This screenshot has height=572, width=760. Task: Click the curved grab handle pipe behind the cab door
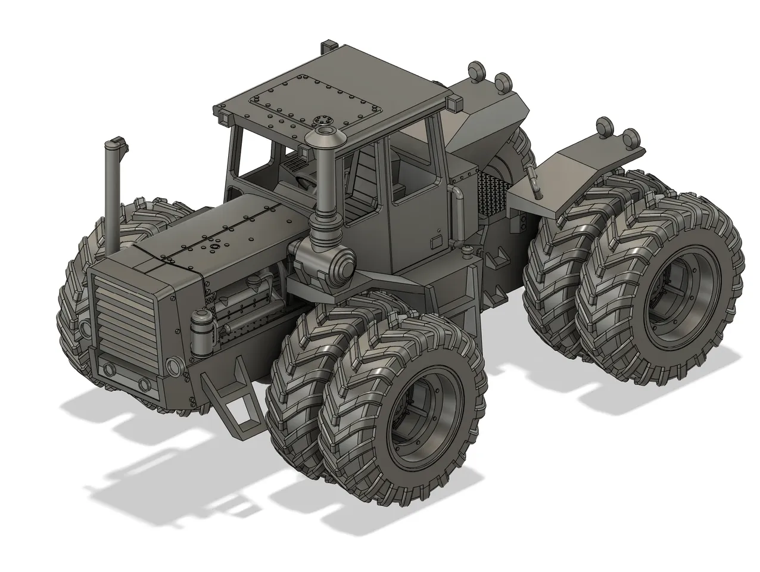pyautogui.click(x=457, y=214)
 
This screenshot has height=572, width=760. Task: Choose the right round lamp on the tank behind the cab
pyautogui.click(x=504, y=80)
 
